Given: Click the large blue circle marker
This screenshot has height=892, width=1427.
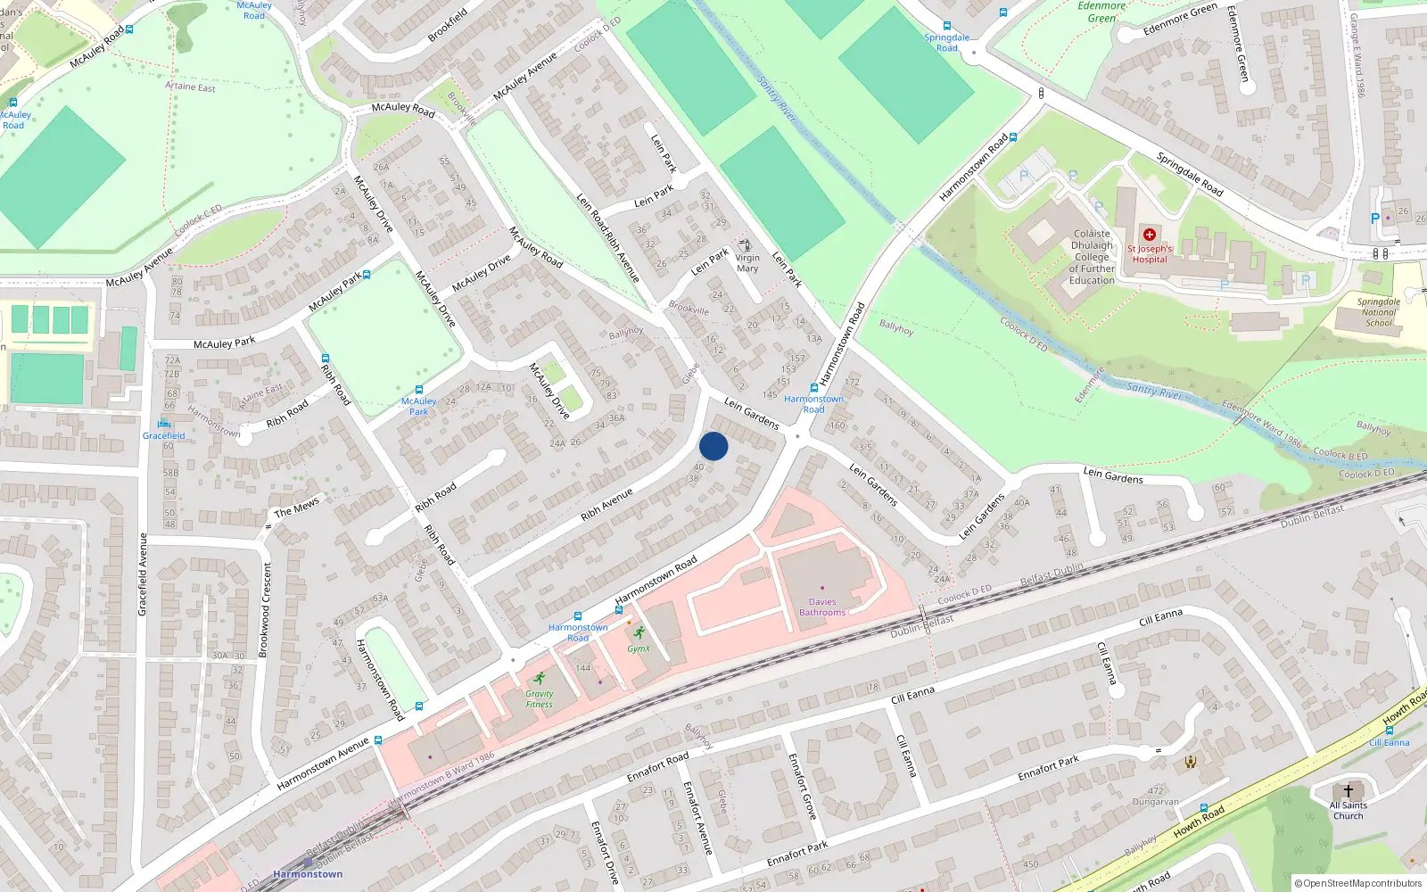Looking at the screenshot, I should [x=713, y=446].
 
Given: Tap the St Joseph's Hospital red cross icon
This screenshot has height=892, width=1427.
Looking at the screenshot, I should [x=1150, y=235].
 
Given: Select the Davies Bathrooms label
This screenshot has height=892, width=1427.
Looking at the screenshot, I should [x=822, y=607].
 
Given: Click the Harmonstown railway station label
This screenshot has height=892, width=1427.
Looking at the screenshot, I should [x=308, y=874].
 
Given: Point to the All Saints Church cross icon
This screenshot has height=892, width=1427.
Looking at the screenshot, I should [x=1348, y=790].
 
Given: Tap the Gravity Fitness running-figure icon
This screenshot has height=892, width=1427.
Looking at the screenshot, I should [x=539, y=679].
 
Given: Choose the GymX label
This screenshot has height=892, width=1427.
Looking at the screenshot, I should [x=639, y=648].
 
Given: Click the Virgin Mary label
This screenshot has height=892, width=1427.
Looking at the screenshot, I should [x=747, y=263].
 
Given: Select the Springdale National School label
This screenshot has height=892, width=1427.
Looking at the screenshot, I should [x=1378, y=312].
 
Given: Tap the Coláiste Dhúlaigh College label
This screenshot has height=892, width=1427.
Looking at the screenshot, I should [x=1092, y=257].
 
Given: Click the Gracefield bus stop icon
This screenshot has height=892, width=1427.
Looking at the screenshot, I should [x=163, y=424].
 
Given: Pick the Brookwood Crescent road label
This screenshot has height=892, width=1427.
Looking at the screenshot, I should [x=264, y=610].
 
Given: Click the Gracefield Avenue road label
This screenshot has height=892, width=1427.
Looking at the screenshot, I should [x=142, y=574].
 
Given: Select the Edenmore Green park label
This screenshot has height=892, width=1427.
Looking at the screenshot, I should [x=1101, y=12].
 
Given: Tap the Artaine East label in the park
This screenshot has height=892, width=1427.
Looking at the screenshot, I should [x=190, y=87].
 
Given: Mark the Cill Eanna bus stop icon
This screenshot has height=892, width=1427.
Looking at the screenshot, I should [x=1389, y=731].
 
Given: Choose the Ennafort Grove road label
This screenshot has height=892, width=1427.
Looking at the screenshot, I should [x=802, y=786].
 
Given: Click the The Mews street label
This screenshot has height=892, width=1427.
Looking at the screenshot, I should [x=296, y=507].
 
